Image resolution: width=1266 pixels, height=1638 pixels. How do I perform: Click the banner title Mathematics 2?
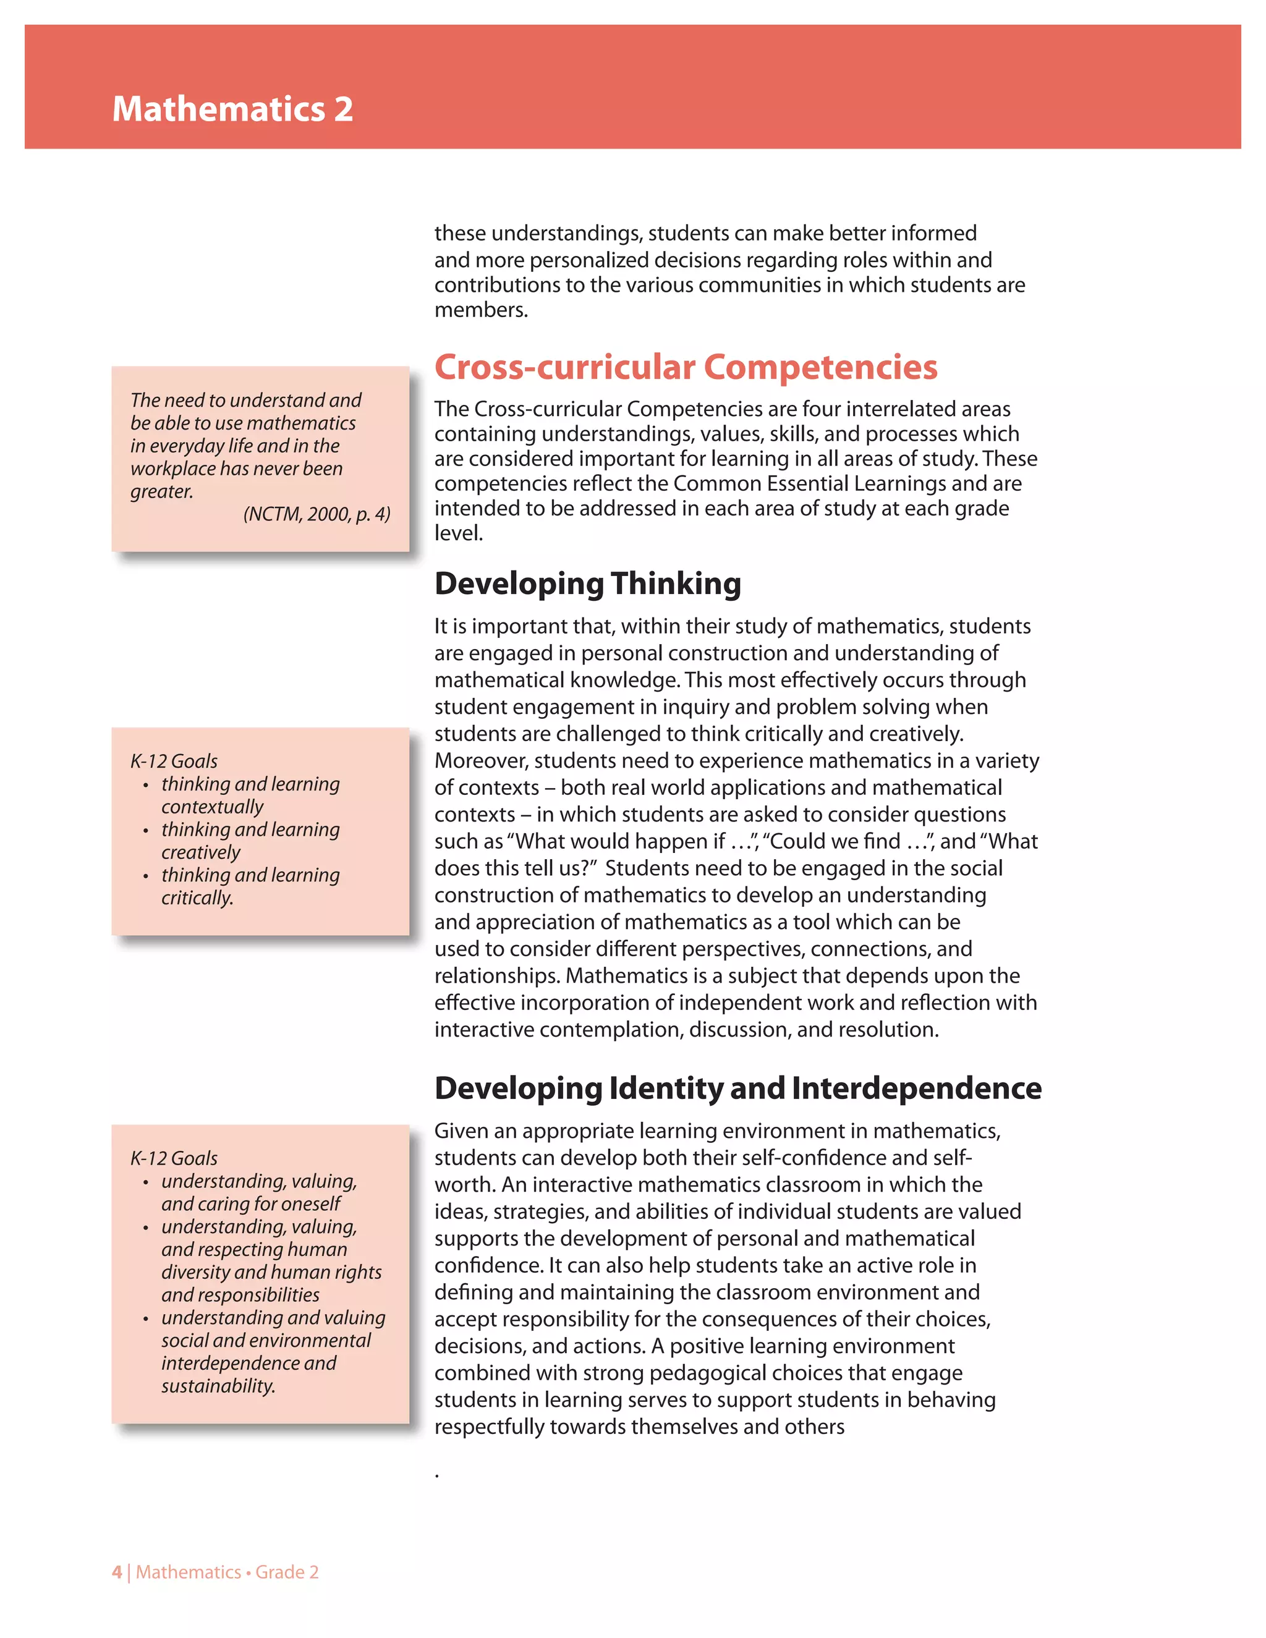coord(232,109)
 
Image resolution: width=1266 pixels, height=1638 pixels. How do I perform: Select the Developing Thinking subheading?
coord(587,583)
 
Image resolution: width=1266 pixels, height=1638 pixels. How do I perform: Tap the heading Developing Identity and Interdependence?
coord(737,1088)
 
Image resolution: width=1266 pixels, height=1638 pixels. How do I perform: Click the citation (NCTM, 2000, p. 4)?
coord(316,514)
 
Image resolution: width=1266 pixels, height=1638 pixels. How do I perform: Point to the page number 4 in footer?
coord(116,1572)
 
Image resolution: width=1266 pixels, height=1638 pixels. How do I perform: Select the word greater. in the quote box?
coord(162,491)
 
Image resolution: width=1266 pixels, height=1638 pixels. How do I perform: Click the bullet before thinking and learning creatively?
coord(145,831)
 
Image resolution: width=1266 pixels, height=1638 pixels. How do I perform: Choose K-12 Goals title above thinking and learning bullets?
coord(174,762)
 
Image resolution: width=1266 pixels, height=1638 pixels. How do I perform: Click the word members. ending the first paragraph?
coord(481,310)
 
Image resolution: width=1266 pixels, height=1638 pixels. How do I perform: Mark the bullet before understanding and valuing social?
coord(145,1319)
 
